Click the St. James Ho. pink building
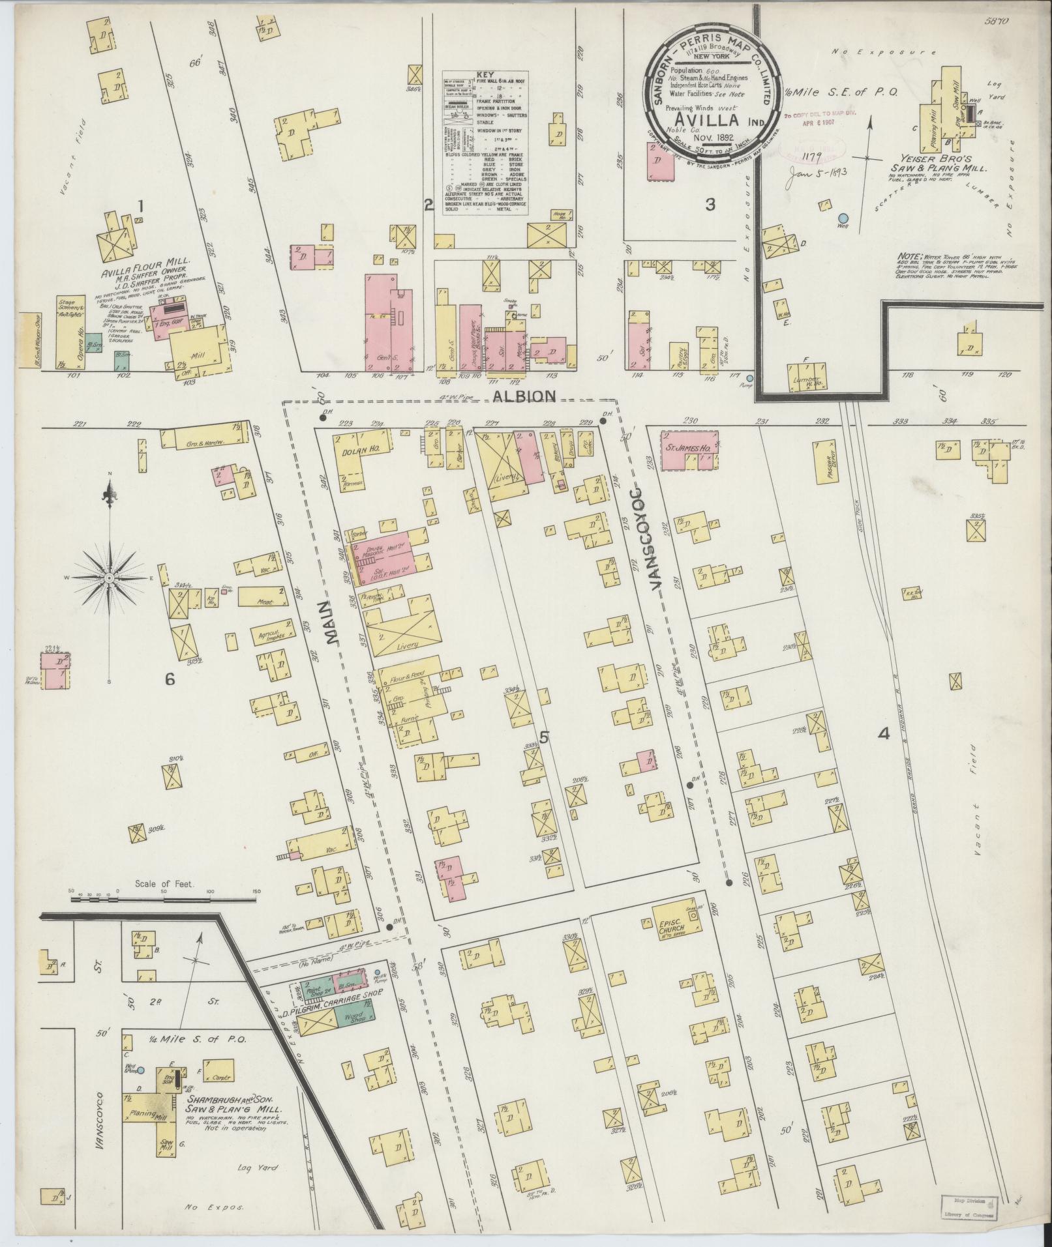pyautogui.click(x=689, y=449)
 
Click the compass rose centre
pyautogui.click(x=110, y=578)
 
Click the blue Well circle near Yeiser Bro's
pyautogui.click(x=843, y=218)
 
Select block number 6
pyautogui.click(x=170, y=679)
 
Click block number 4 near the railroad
pyautogui.click(x=884, y=735)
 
